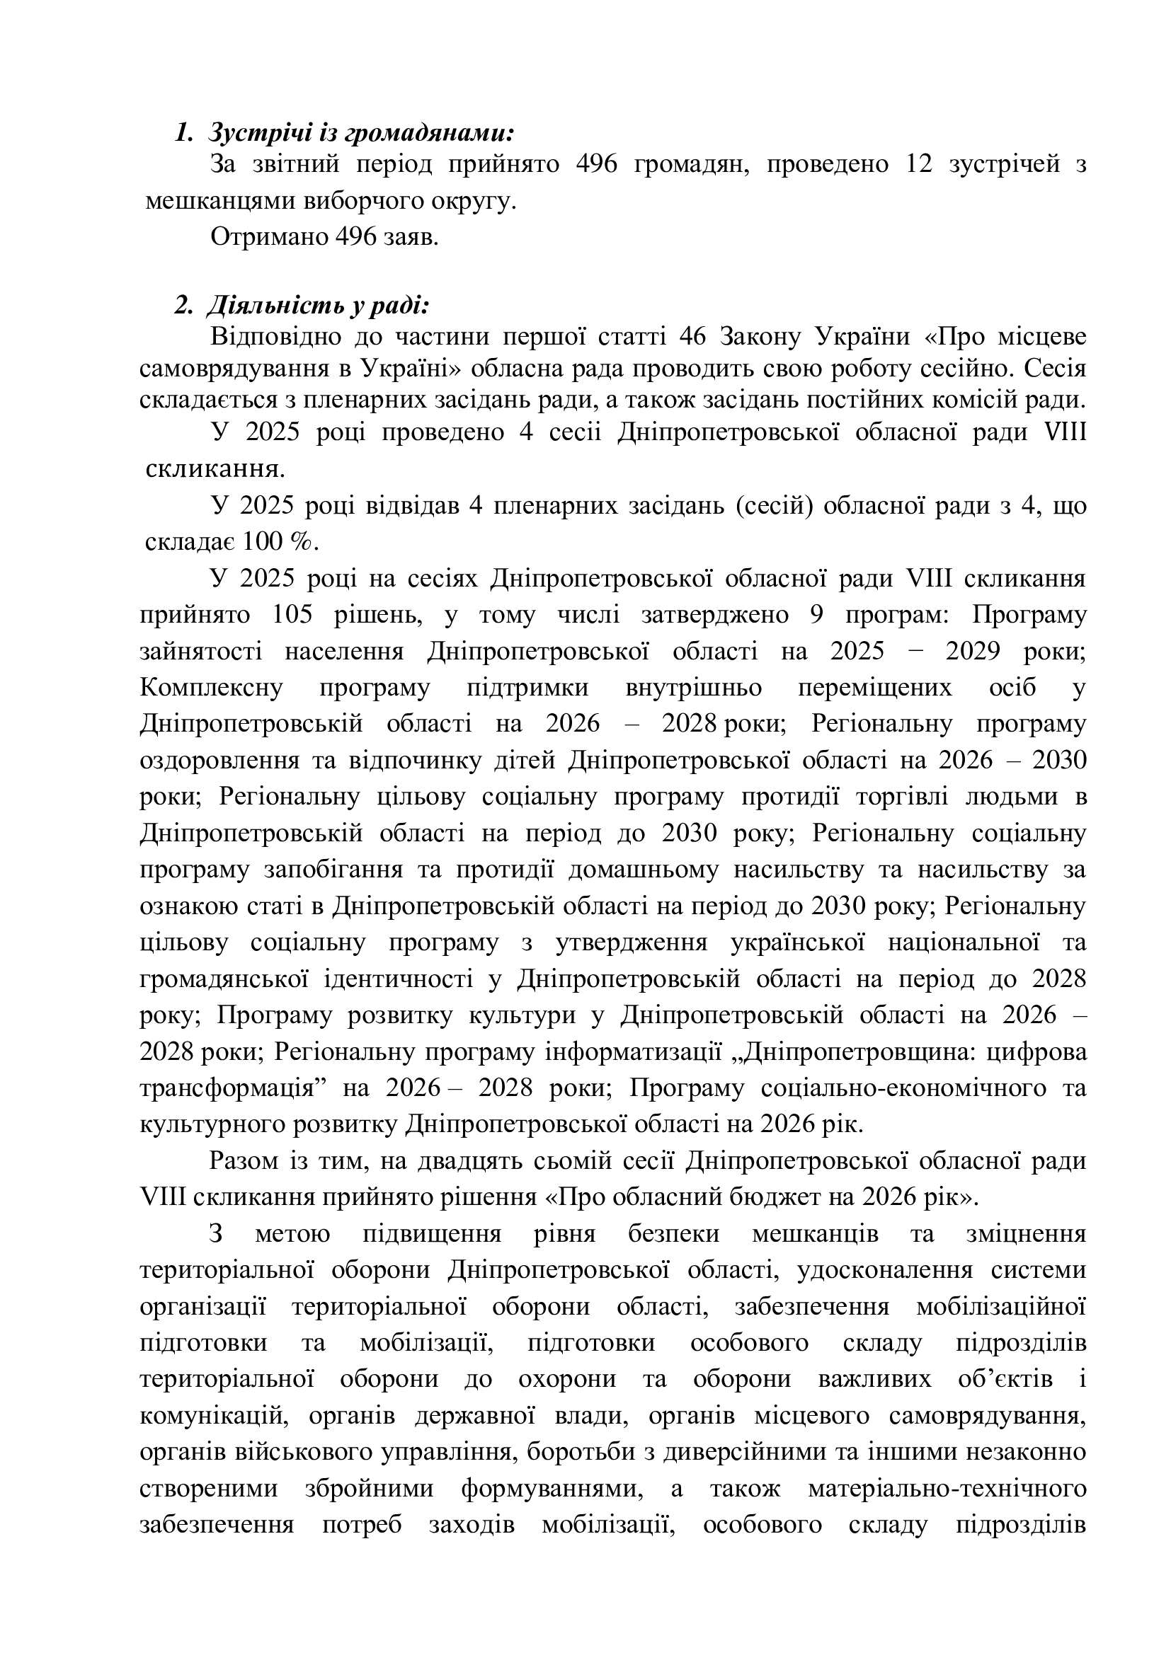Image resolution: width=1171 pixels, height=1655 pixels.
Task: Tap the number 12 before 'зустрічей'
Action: [915, 165]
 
